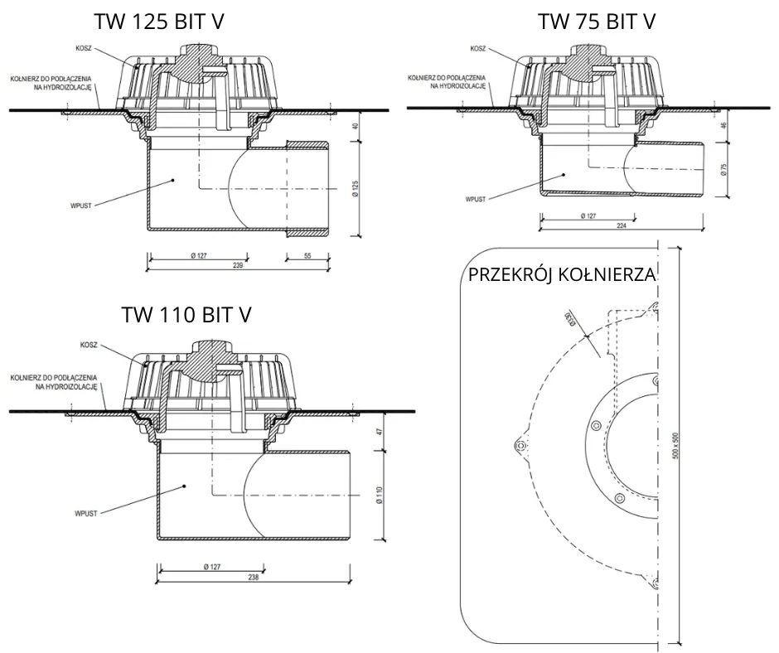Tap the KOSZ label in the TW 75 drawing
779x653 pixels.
pyautogui.click(x=478, y=48)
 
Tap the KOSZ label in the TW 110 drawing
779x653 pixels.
pyautogui.click(x=90, y=344)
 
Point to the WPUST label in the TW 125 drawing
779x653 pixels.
pyautogui.click(x=83, y=200)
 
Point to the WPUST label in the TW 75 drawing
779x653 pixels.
pyautogui.click(x=475, y=200)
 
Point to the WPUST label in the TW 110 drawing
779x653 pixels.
pyautogui.click(x=85, y=513)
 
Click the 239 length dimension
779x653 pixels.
pyautogui.click(x=238, y=265)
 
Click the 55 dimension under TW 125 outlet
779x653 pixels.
pyautogui.click(x=307, y=256)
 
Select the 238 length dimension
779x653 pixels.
pyautogui.click(x=253, y=578)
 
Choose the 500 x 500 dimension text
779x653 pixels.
pyautogui.click(x=676, y=447)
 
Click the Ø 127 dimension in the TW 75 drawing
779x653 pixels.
pyautogui.click(x=589, y=216)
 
